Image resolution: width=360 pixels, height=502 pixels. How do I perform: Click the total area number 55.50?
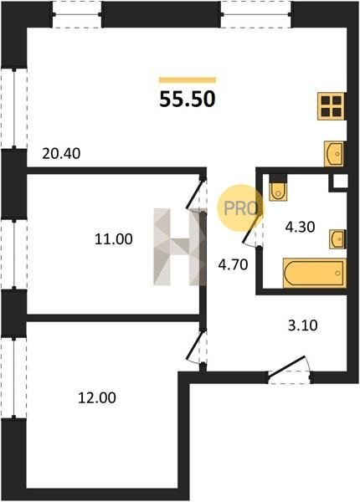click(188, 100)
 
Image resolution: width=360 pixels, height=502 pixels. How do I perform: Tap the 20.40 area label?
click(61, 154)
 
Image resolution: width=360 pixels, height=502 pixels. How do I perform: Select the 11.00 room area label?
click(113, 239)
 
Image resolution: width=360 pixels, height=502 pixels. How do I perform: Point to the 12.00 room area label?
click(97, 398)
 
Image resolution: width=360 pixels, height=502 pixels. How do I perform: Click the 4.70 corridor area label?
click(234, 264)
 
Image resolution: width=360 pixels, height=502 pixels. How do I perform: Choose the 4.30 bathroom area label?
click(300, 227)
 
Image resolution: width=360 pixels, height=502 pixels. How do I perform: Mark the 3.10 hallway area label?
click(303, 325)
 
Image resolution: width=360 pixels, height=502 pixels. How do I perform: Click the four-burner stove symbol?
click(332, 106)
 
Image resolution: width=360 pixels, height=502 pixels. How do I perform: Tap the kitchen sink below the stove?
click(334, 154)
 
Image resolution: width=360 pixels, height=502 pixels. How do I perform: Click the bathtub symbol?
click(315, 273)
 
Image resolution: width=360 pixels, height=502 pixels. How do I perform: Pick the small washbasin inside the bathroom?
click(337, 239)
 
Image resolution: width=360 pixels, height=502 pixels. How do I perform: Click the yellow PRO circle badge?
click(240, 208)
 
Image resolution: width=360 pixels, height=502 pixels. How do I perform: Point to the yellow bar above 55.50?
click(188, 80)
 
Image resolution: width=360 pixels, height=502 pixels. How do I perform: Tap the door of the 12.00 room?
click(195, 347)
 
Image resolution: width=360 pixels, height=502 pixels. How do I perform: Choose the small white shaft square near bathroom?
click(340, 182)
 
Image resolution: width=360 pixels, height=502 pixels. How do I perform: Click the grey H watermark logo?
click(180, 247)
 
